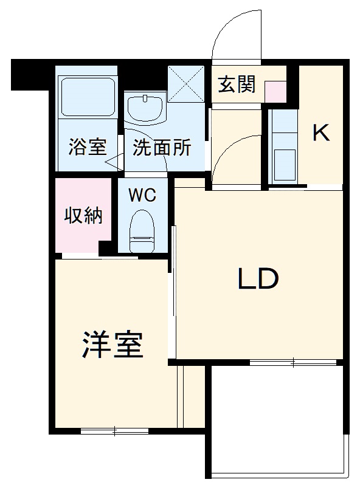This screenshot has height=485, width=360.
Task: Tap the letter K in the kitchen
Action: pos(321,133)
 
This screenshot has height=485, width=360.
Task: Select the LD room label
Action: pos(257,278)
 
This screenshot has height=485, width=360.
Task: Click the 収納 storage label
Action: pos(84,216)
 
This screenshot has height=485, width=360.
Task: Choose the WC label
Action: pos(143,196)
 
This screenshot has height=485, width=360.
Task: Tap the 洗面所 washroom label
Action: pos(162,148)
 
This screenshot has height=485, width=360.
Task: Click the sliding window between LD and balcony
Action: pos(293,363)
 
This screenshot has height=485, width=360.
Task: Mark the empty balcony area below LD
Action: pos(277,419)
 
